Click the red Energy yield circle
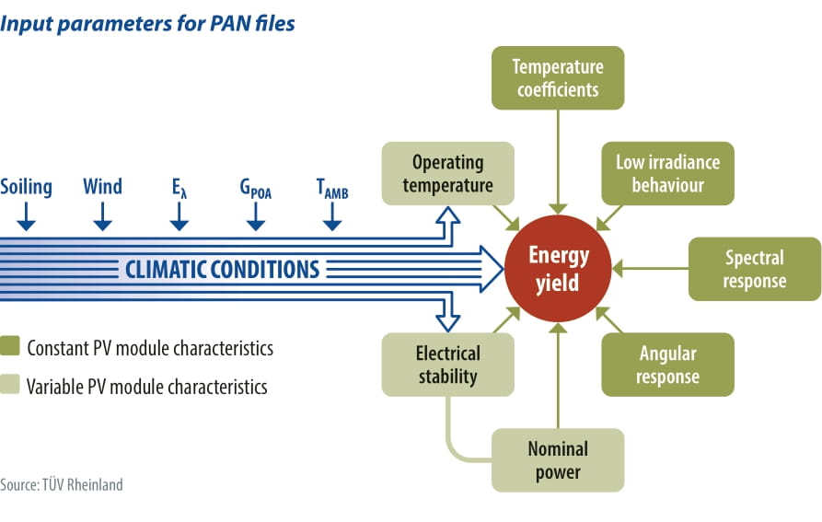(558, 269)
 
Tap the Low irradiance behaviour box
(667, 173)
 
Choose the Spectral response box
(754, 269)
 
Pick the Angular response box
(667, 365)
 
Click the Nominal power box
(557, 460)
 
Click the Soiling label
(26, 188)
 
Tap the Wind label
(102, 188)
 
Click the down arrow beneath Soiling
(26, 217)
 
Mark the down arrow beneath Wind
(102, 217)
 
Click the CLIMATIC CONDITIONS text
(222, 270)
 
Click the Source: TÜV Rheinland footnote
(61, 484)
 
